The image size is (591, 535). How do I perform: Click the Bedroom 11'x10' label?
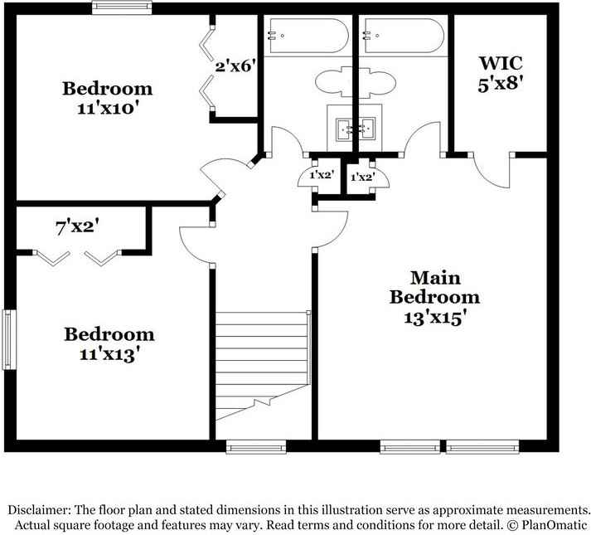pyautogui.click(x=108, y=97)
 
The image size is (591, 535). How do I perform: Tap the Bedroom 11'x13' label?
pyautogui.click(x=109, y=343)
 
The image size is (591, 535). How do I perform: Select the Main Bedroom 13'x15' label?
pyautogui.click(x=434, y=297)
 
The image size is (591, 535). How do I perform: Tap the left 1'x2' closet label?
pyautogui.click(x=321, y=176)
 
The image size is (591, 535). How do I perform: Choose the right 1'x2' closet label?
pyautogui.click(x=361, y=177)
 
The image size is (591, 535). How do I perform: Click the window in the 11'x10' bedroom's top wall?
pyautogui.click(x=122, y=8)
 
